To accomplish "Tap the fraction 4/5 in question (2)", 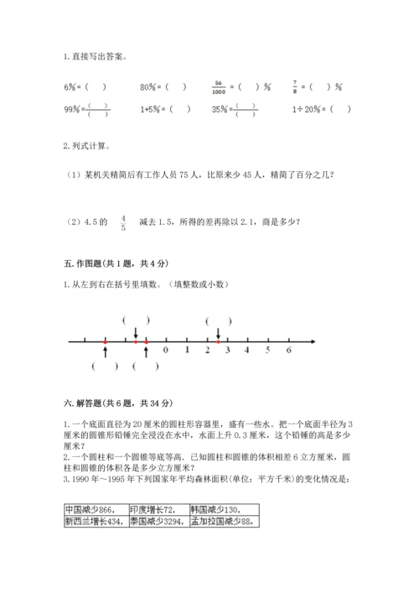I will [x=123, y=221].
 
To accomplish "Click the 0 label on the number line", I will [x=166, y=351].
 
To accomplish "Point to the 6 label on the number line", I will [x=288, y=351].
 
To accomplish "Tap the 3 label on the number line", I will [x=227, y=351].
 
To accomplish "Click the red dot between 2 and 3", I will [x=217, y=341].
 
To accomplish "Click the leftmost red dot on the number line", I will [x=105, y=341].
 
